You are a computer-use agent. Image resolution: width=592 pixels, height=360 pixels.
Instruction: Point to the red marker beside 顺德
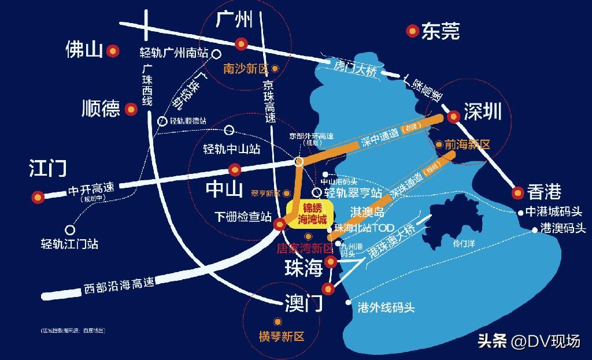click(x=132, y=108)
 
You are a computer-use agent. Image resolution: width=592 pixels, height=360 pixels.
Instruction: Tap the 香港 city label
click(x=544, y=191)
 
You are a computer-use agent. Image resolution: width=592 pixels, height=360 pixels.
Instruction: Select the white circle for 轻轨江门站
click(x=71, y=229)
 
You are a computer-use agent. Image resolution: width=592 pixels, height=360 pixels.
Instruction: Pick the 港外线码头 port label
click(x=387, y=307)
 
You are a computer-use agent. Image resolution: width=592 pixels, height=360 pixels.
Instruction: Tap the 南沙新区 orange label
click(x=246, y=68)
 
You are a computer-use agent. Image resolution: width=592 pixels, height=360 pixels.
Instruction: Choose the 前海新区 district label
click(x=467, y=144)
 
